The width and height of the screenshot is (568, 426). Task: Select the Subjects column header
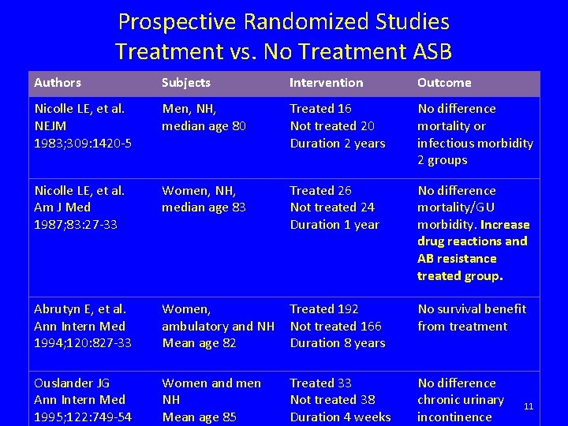point(185,82)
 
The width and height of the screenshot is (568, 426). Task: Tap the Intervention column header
point(326,82)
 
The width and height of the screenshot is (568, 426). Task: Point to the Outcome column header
point(443,82)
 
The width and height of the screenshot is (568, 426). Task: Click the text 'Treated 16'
point(320,108)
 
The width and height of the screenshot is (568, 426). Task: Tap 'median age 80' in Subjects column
point(204,125)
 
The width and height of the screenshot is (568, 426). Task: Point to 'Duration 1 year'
point(334,225)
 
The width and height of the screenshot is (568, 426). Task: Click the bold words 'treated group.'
point(460,276)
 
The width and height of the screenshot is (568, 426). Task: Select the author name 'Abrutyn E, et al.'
point(79,308)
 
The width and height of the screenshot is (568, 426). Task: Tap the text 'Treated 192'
point(323,308)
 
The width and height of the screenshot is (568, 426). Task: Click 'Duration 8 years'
point(337,343)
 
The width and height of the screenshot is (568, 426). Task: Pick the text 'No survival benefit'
point(472,308)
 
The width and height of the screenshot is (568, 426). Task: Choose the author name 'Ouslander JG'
point(71,383)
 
